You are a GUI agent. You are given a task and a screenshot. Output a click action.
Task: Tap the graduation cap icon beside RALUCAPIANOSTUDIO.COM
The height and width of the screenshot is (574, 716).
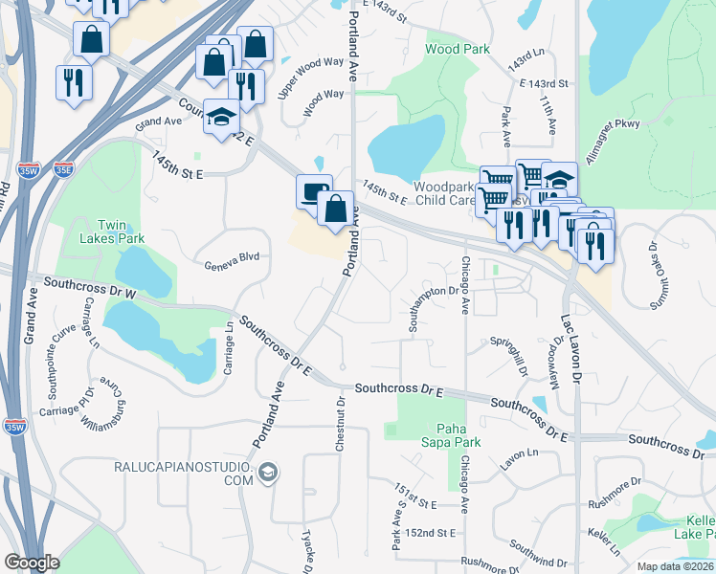(x=268, y=472)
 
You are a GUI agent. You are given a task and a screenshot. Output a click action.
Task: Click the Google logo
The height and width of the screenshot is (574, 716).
(x=32, y=563)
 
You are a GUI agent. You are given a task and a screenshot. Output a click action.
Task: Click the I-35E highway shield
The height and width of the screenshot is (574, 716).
(x=64, y=170)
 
